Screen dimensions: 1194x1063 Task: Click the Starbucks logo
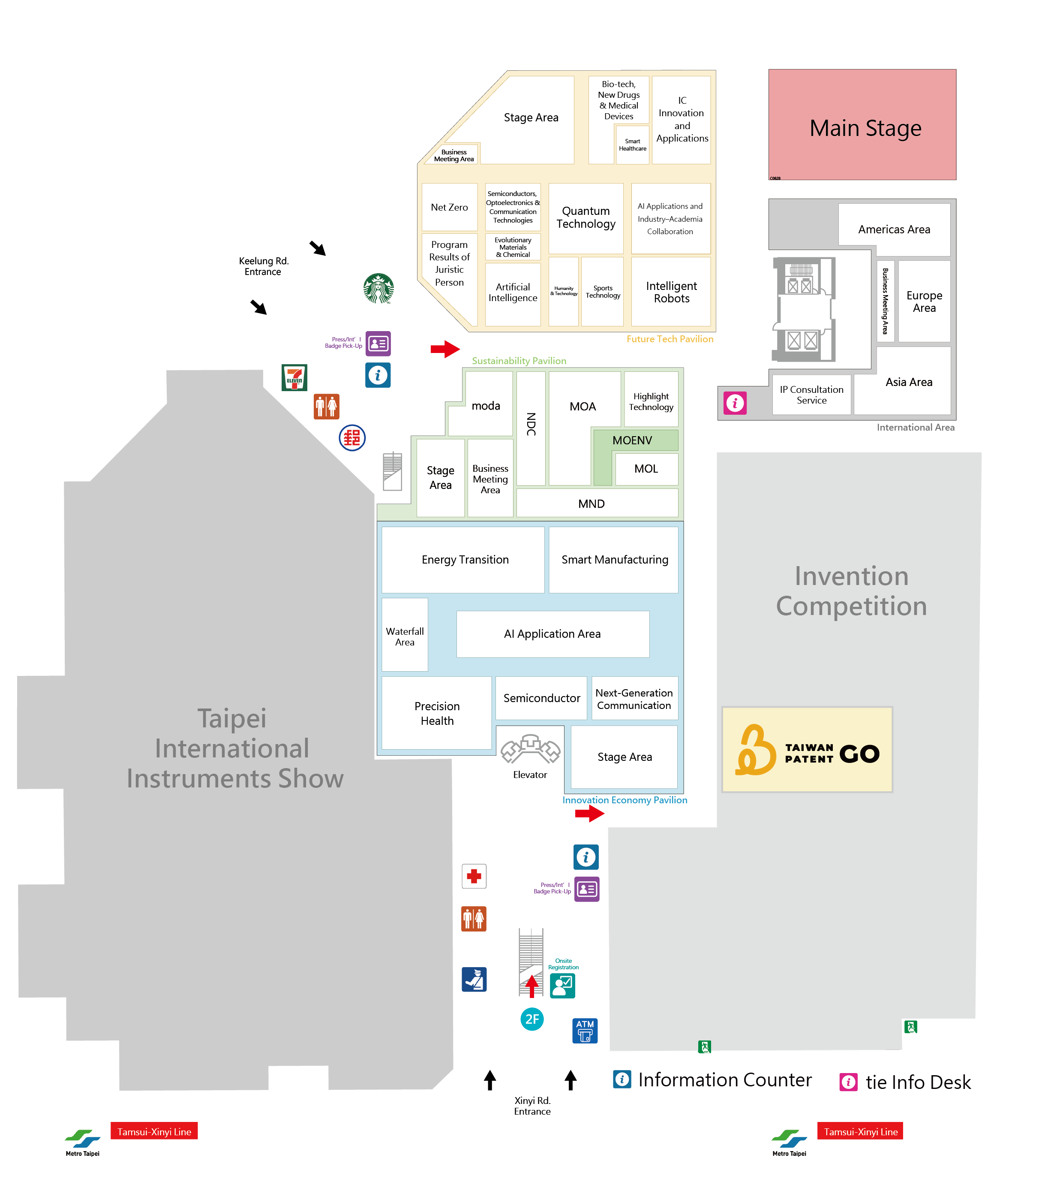coord(378,288)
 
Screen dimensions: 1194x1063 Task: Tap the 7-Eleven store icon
coord(294,377)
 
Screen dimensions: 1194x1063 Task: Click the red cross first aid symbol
coord(474,876)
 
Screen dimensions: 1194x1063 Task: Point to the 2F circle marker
coord(531,1019)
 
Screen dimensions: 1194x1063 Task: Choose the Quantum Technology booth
coord(586,218)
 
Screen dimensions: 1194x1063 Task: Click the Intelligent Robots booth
coord(671,292)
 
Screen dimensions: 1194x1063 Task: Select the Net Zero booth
coord(449,208)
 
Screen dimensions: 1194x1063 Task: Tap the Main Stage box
coord(862,124)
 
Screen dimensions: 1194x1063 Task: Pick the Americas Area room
coord(894,230)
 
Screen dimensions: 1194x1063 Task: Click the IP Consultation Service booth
coord(811,395)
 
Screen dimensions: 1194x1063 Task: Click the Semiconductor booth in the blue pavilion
coord(541,698)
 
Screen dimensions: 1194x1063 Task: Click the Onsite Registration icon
coord(562,986)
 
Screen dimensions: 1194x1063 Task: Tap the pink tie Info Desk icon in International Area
coord(735,403)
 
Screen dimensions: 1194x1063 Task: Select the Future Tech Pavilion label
coord(670,339)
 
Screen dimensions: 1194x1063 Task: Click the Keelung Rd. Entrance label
coord(264,266)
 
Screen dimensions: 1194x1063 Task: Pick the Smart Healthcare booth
coord(633,145)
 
